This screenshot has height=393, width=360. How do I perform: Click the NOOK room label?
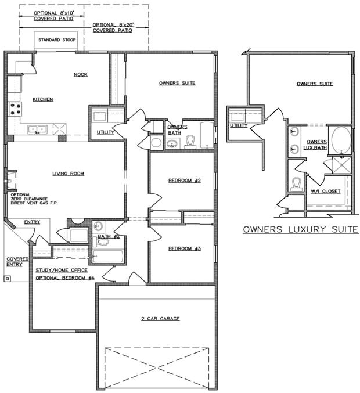[x=80, y=74]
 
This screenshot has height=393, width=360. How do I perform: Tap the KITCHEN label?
[x=42, y=99]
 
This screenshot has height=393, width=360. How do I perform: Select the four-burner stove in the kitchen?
[x=15, y=109]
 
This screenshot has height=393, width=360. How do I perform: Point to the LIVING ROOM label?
[x=69, y=173]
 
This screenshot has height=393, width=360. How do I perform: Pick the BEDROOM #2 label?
[x=184, y=181]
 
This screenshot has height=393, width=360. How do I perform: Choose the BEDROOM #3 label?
[x=184, y=248]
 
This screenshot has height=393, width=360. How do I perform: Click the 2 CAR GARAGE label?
[x=160, y=319]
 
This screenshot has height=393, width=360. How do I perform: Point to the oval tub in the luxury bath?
[x=341, y=140]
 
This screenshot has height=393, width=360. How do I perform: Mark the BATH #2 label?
[x=109, y=236]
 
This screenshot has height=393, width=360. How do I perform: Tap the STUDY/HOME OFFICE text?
[x=62, y=270]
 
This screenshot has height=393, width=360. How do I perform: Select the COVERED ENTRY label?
[x=15, y=261]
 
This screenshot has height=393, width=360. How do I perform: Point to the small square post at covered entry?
[x=7, y=278]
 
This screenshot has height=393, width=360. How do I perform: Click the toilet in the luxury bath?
[x=296, y=183]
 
